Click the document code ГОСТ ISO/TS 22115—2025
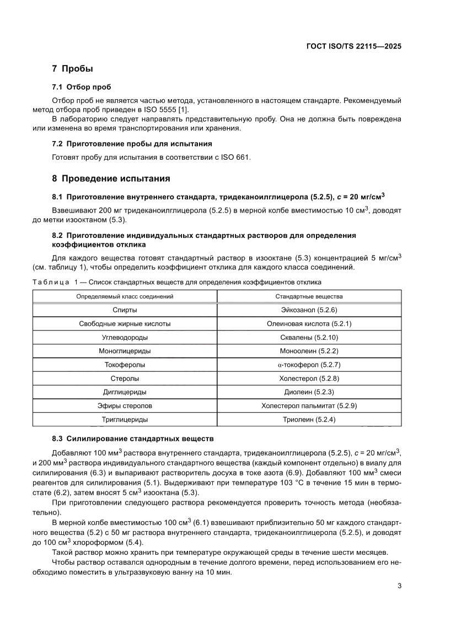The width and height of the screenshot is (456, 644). coord(353,46)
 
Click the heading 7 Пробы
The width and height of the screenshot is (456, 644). coord(72,69)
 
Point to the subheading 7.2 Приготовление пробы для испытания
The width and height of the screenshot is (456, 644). coord(132,144)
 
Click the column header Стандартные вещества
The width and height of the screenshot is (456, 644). coord(309,296)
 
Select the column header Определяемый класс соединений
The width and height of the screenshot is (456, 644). coord(125,296)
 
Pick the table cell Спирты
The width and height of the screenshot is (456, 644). coord(125,310)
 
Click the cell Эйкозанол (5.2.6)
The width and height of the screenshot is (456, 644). coord(309,310)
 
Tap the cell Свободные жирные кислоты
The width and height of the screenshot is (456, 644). coord(125,324)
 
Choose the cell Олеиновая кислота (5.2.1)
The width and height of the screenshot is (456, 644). coord(309,324)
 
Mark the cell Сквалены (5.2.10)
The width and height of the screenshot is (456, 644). coord(309,337)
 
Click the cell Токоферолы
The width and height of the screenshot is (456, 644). coord(125,365)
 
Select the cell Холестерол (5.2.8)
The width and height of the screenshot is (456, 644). coord(309,378)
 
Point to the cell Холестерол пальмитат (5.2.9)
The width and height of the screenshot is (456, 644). coord(309,406)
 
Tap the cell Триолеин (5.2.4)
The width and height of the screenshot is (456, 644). coord(309,420)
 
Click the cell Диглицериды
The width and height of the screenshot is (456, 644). coord(125,392)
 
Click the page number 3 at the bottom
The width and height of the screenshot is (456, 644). coord(399,586)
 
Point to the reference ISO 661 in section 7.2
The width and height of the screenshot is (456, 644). coord(238,157)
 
